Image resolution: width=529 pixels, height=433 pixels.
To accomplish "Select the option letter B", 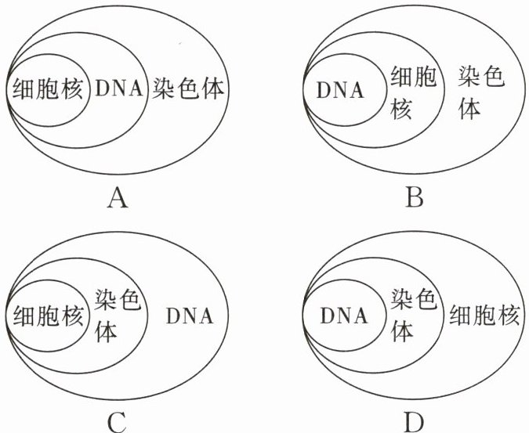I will (x=414, y=197).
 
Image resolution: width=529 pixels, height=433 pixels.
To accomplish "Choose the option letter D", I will (x=414, y=422).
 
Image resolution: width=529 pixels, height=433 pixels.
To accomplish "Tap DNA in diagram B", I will (x=341, y=89).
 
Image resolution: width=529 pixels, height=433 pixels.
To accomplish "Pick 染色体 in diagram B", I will (x=480, y=92).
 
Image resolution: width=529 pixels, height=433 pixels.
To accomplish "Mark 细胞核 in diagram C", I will (x=46, y=316).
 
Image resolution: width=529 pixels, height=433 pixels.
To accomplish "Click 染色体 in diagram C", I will (x=117, y=316).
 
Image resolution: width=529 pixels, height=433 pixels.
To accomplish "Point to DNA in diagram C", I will (x=190, y=317).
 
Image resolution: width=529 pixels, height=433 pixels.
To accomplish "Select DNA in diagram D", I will (x=343, y=317).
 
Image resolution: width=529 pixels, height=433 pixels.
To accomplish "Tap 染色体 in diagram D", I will (x=414, y=316).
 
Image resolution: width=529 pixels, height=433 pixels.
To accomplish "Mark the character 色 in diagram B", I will (x=492, y=77).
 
